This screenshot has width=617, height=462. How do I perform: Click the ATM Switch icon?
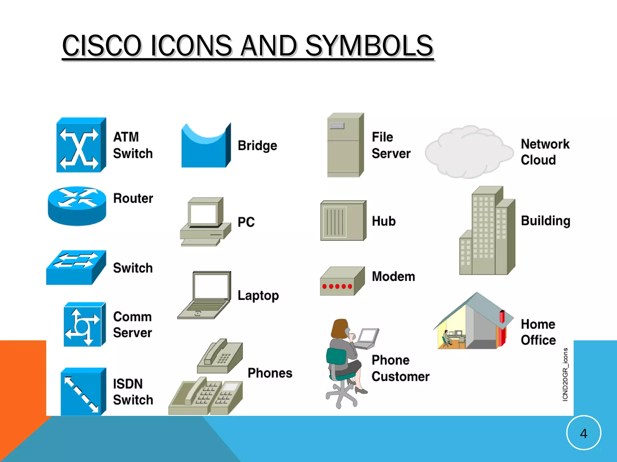click(x=81, y=145)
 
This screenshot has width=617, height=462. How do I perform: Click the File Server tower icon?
click(x=345, y=145)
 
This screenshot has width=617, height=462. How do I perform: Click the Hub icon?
click(x=343, y=220)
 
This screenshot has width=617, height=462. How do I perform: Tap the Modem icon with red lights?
click(x=342, y=281)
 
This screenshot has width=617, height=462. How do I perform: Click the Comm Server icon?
click(x=84, y=324)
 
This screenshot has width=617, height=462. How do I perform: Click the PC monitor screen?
click(x=204, y=214)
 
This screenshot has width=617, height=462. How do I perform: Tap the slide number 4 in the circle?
click(x=584, y=433)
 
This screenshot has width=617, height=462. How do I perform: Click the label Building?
click(x=546, y=221)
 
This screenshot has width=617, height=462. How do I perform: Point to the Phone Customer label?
click(x=400, y=368)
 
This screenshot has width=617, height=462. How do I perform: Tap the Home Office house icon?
click(x=473, y=323)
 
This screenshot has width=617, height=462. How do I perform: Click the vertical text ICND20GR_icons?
click(x=565, y=374)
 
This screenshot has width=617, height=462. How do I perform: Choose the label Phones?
click(x=270, y=373)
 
